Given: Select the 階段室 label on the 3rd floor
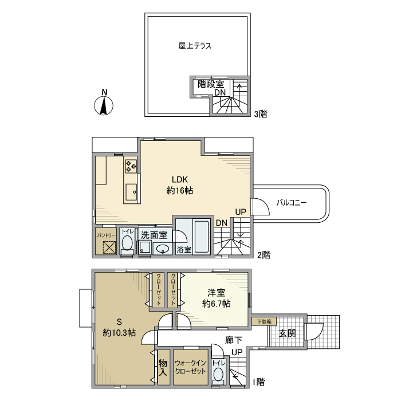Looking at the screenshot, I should [211, 84].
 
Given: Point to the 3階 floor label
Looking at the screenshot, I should [261, 114].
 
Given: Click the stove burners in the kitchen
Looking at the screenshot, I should [131, 166].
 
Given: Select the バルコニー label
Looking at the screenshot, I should [292, 203].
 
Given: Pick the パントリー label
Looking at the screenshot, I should [106, 235].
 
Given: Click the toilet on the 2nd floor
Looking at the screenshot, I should [127, 245].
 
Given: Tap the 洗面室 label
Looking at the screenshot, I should [154, 234].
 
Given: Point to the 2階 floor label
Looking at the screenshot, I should [263, 255].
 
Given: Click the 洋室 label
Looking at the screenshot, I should [217, 293].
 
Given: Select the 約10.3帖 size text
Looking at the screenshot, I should [119, 332].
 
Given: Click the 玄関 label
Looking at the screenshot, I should [288, 333].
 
